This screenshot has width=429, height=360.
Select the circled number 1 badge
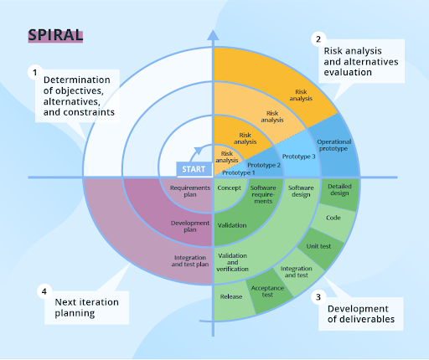(x=35, y=73)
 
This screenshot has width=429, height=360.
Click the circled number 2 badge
(x=318, y=39)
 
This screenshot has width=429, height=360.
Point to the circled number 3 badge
(x=318, y=296)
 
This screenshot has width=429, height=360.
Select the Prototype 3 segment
(x=298, y=157)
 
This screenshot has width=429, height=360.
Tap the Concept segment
(x=229, y=188)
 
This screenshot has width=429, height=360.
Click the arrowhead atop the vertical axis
(x=213, y=37)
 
